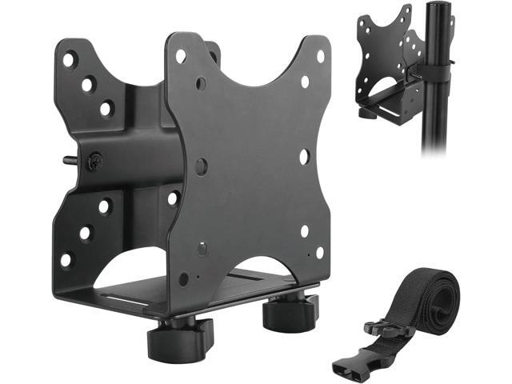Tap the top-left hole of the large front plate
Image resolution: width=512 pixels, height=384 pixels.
click(x=181, y=57)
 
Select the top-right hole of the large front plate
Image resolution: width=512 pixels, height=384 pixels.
click(x=320, y=57)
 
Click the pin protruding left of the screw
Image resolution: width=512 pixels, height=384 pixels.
click(x=68, y=160)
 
